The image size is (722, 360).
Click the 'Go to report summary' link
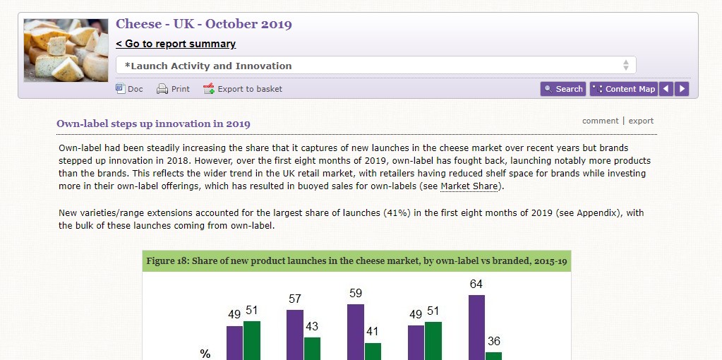click(x=176, y=44)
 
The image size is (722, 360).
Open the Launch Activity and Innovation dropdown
click(x=375, y=66)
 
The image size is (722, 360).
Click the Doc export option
click(x=129, y=89)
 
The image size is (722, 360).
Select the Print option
click(x=173, y=89)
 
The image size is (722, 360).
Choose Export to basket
click(x=243, y=89)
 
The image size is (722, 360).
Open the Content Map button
click(x=623, y=89)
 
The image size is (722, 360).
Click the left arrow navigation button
click(x=666, y=89)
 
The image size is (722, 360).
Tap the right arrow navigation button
click(x=682, y=89)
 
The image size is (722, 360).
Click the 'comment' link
click(x=600, y=121)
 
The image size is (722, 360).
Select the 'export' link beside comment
click(x=641, y=121)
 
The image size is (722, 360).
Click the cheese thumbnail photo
click(x=66, y=50)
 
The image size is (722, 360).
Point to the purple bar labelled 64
click(x=476, y=328)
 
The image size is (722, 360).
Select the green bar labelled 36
click(x=493, y=356)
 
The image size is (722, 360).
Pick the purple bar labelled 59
click(x=356, y=332)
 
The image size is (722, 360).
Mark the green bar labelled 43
click(x=312, y=348)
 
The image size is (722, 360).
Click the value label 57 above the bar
click(x=295, y=299)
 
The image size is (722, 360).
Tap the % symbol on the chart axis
click(x=205, y=354)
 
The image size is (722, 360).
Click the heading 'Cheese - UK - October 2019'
click(x=204, y=24)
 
